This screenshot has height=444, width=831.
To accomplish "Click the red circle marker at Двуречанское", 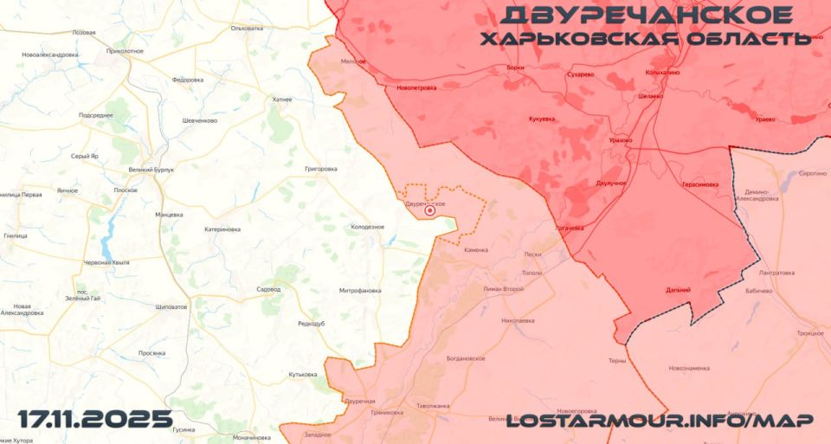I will [429, 210].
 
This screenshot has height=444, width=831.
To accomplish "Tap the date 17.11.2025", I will [95, 420].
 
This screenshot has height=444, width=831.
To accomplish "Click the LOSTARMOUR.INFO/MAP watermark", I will [659, 420].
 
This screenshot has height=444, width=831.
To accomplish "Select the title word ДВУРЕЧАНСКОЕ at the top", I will [647, 16].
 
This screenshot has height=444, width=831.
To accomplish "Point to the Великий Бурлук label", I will [150, 170].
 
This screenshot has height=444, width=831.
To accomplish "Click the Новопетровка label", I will [416, 87].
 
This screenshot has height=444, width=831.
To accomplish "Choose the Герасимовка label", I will [699, 184].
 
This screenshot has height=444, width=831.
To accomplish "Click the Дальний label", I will [678, 290].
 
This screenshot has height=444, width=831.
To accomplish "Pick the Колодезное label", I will [367, 227].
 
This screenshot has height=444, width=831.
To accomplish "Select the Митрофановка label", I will [360, 291].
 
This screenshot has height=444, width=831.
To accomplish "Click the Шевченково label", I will [200, 120].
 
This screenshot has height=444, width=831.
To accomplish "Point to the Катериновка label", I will [222, 229].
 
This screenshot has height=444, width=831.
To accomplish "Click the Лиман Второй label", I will [504, 288].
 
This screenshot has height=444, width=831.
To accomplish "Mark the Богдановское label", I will [466, 358].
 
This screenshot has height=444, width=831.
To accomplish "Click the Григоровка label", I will [321, 169].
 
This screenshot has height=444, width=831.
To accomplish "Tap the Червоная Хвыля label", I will [106, 262].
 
